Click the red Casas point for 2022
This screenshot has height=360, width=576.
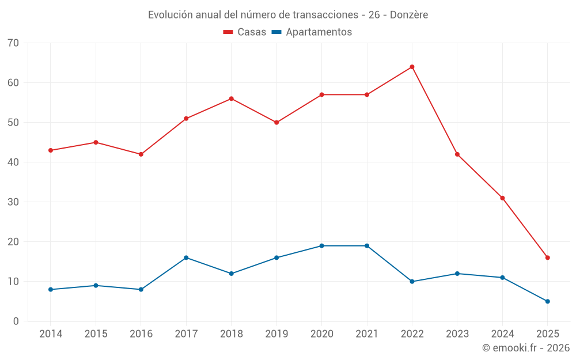click(412, 67)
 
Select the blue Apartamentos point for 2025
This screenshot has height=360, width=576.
click(547, 301)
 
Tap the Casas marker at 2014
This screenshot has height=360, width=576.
click(51, 150)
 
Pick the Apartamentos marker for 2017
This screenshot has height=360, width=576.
click(186, 257)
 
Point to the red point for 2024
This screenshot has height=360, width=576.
click(502, 198)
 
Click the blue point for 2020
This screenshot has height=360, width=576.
click(321, 246)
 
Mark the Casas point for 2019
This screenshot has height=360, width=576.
click(276, 123)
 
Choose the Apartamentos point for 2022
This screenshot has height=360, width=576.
click(412, 282)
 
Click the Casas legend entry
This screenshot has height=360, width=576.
click(245, 32)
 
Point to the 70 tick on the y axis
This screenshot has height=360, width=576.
click(13, 43)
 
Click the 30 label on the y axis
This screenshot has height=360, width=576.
click(13, 202)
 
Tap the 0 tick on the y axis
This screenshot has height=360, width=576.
click(16, 321)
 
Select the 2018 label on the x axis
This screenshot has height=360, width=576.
click(231, 334)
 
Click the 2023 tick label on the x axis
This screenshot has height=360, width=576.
click(457, 334)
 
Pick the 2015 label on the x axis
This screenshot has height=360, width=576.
click(96, 334)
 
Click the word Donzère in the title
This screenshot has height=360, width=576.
click(409, 15)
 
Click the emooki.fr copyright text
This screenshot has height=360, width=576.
click(525, 348)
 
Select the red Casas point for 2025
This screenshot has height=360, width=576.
click(547, 257)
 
